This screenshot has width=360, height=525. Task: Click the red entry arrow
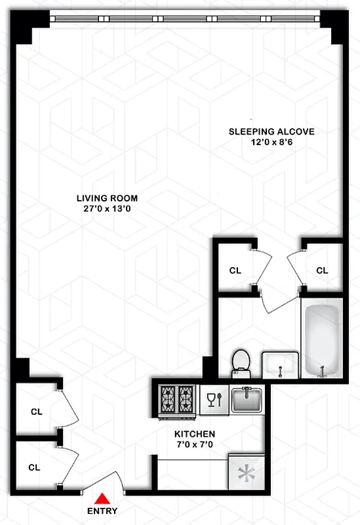(x=102, y=498)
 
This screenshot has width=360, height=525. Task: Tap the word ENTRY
(x=102, y=511)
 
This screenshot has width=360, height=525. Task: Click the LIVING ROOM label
(x=107, y=198)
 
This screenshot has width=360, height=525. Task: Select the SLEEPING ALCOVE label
(x=271, y=131)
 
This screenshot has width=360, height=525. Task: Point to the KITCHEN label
(x=195, y=434)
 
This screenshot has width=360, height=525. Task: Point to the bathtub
(x=321, y=338)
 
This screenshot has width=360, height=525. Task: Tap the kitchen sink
(x=247, y=400)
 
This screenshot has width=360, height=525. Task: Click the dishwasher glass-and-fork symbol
(x=214, y=399)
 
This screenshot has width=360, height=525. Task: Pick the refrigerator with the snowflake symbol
(x=247, y=472)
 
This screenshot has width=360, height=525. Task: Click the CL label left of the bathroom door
(x=235, y=270)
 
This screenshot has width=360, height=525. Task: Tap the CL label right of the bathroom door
(x=322, y=270)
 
